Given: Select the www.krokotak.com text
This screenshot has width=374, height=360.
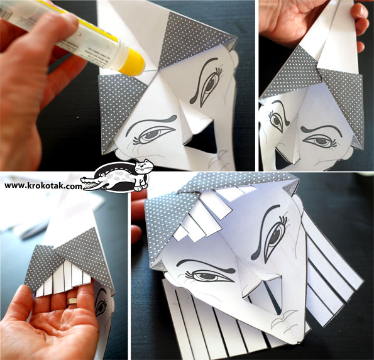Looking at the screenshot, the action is coord(43,186).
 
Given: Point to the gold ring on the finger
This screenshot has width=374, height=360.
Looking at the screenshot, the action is coord(72,302).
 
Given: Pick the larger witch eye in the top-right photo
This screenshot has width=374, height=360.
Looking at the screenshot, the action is coord(319,141).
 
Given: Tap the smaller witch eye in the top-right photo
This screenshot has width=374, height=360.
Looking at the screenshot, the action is coord(277,121).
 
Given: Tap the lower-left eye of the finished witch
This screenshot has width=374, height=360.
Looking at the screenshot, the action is coord(207,276).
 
